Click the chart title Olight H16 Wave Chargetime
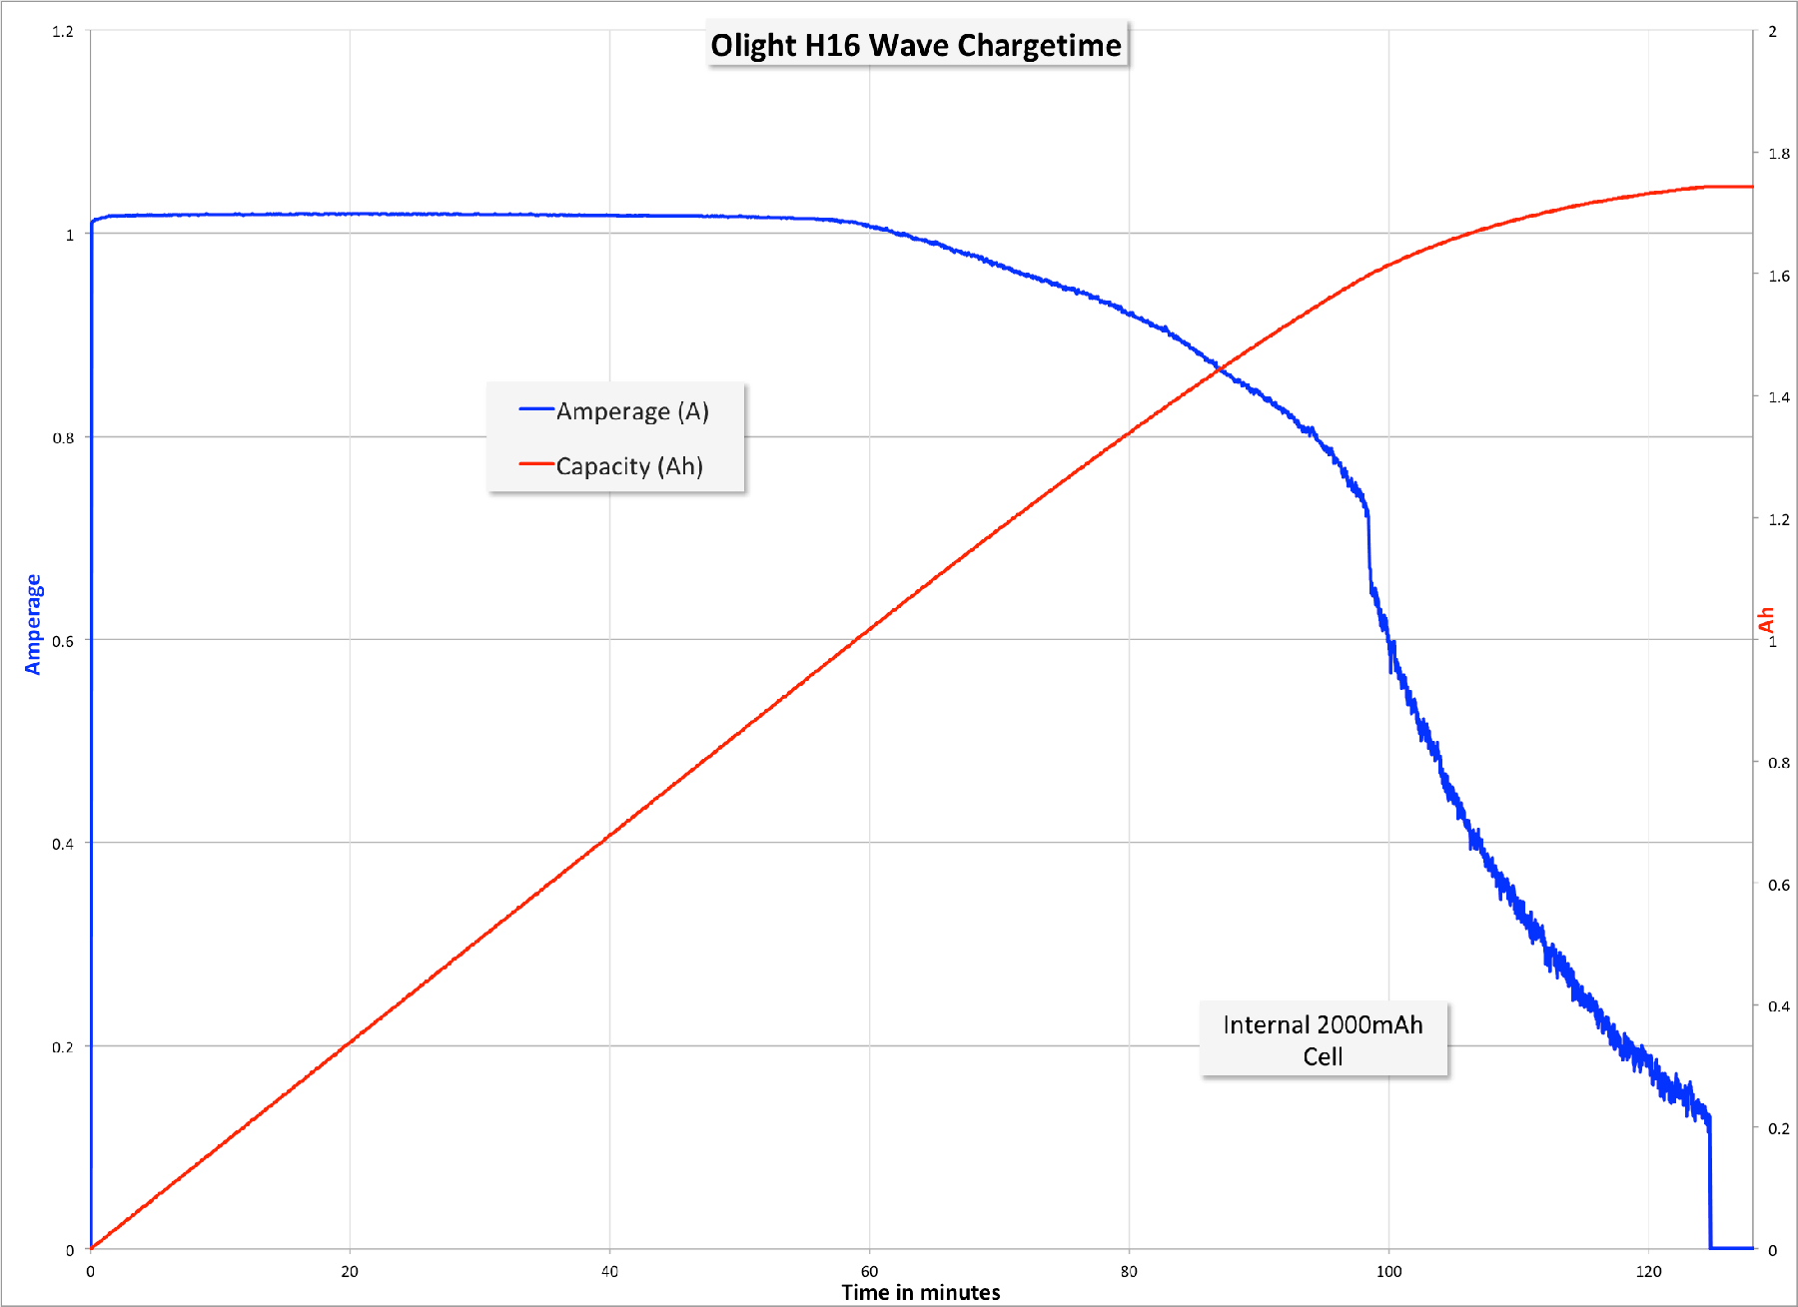click(x=916, y=45)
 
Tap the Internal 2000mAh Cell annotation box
click(x=1323, y=1039)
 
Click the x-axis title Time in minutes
click(x=920, y=1292)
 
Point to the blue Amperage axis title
click(x=33, y=624)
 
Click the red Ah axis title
click(x=1766, y=619)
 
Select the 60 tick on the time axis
click(x=869, y=1271)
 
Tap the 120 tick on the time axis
click(x=1648, y=1271)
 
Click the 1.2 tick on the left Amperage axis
click(x=63, y=32)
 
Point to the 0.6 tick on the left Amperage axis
click(x=63, y=641)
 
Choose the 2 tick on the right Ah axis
click(x=1773, y=32)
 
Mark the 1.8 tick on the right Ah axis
click(x=1778, y=154)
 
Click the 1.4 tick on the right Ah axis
click(x=1778, y=397)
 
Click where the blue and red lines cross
click(x=1220, y=369)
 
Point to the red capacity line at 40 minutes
click(x=609, y=835)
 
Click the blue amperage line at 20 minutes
click(x=350, y=214)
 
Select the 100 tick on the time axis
click(x=1388, y=1271)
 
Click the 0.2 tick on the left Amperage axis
click(x=63, y=1046)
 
